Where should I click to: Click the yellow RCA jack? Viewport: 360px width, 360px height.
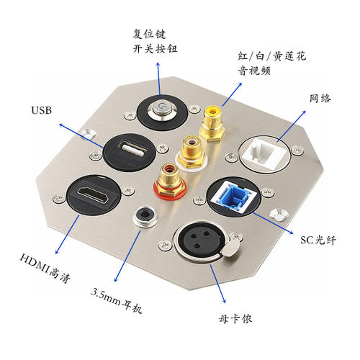212,123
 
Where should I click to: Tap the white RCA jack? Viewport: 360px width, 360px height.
192,152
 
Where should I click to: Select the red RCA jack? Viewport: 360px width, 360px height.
170,181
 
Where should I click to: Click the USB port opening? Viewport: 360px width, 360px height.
133,150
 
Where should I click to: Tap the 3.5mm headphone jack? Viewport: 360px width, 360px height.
145,215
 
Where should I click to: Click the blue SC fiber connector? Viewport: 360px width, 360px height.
234,196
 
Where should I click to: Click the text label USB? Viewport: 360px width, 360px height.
41,110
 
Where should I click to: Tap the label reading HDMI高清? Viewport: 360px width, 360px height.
45,268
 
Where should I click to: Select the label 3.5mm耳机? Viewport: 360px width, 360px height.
117,300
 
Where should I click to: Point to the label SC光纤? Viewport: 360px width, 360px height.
318,240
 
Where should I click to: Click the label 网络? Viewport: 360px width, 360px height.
320,99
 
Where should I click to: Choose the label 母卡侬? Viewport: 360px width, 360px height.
235,319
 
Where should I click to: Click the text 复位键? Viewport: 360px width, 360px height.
149,34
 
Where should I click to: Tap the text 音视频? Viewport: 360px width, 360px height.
254,71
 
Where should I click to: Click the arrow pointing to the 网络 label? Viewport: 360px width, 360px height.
291,126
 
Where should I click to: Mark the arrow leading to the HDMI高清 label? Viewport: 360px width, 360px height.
68,234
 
